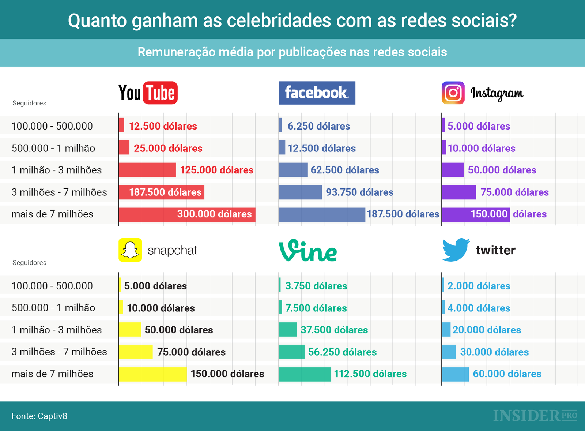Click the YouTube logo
148,93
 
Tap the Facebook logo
317,93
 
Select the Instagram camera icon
453,93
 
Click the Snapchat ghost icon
130,250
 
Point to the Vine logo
308,251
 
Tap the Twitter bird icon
455,250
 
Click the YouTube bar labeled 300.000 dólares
187,214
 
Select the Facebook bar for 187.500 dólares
322,214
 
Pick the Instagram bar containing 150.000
475,214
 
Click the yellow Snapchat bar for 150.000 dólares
152,374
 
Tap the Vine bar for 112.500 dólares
305,374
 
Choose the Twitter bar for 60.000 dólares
455,374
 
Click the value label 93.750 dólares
360,192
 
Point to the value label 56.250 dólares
342,352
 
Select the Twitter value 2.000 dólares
479,286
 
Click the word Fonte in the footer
23,416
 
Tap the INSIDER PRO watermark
535,416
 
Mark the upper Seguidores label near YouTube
29,103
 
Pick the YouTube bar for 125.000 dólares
147,170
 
